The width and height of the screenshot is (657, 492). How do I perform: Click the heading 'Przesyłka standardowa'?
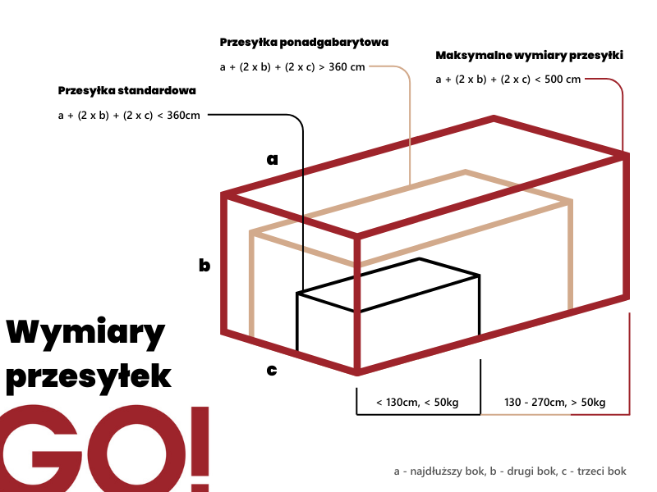pos(127,91)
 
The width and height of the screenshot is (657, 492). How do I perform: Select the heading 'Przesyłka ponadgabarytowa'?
pos(304,43)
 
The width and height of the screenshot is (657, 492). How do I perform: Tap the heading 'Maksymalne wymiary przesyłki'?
pos(529,55)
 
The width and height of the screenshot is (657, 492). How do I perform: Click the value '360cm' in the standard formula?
pos(183,116)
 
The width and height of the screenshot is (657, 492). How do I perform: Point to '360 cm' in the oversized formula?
pos(347,67)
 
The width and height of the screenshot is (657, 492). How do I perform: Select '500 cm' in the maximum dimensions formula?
pos(563,80)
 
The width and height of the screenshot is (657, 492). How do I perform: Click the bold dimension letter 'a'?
pos(273,159)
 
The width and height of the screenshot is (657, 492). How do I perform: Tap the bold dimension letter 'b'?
pos(204,265)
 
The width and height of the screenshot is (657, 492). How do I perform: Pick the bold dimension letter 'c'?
pos(272,370)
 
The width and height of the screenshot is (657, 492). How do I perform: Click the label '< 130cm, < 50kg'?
pos(417,403)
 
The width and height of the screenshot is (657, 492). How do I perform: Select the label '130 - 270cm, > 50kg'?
pos(555,403)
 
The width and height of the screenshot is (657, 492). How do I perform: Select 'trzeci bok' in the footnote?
pos(602,471)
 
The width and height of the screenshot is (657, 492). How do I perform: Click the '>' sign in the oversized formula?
pos(321,67)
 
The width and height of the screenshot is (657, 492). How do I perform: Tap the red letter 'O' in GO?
pos(137,449)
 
